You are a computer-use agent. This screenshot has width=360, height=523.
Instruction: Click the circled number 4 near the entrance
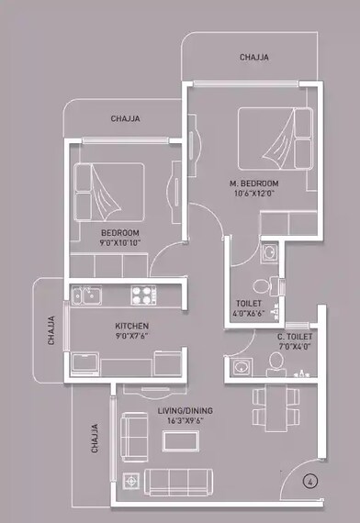click(x=311, y=479)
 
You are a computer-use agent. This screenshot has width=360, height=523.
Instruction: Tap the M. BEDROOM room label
click(x=254, y=184)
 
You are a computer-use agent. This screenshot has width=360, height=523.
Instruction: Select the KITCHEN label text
click(x=131, y=326)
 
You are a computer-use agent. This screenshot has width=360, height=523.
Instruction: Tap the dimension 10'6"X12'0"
click(x=253, y=194)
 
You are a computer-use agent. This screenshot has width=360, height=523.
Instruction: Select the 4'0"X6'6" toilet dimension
click(x=250, y=314)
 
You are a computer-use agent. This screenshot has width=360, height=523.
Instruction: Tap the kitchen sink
click(x=87, y=295)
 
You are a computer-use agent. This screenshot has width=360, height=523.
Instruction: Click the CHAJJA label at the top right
click(x=254, y=57)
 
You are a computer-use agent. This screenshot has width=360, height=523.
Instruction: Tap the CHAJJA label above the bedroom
click(x=125, y=118)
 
